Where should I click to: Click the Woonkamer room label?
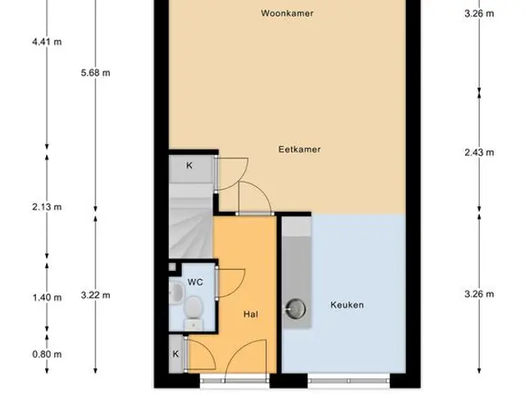point(287,13)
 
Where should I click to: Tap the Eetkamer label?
point(299,149)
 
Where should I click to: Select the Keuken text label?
point(347,305)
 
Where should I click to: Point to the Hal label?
point(250,314)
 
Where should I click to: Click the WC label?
point(195,282)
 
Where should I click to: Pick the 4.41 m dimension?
point(47,42)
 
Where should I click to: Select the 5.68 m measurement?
point(95,73)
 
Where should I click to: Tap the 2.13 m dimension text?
point(47,207)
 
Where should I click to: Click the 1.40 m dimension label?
point(47,297)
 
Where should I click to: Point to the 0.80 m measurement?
point(47,354)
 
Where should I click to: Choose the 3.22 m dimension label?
point(95,295)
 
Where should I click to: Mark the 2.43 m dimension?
point(479,153)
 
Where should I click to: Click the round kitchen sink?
point(295,309)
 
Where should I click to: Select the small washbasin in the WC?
point(176,293)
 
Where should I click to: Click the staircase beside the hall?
point(191,221)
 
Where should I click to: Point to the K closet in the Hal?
point(176,354)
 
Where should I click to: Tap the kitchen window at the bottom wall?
point(349,381)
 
